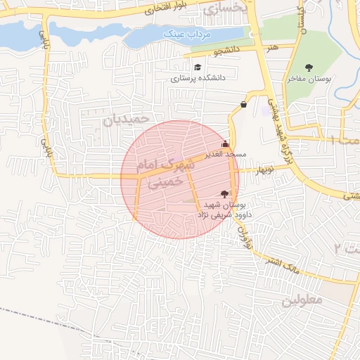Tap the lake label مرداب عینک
[182, 34]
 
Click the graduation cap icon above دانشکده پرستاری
[198, 67]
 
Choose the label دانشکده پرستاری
[198, 78]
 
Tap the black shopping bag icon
[243, 105]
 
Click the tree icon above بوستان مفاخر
[309, 67]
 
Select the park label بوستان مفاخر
[309, 79]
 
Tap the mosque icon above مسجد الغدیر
[225, 144]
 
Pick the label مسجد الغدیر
[225, 154]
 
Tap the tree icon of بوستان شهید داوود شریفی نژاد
[224, 193]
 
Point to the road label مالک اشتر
[275, 263]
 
